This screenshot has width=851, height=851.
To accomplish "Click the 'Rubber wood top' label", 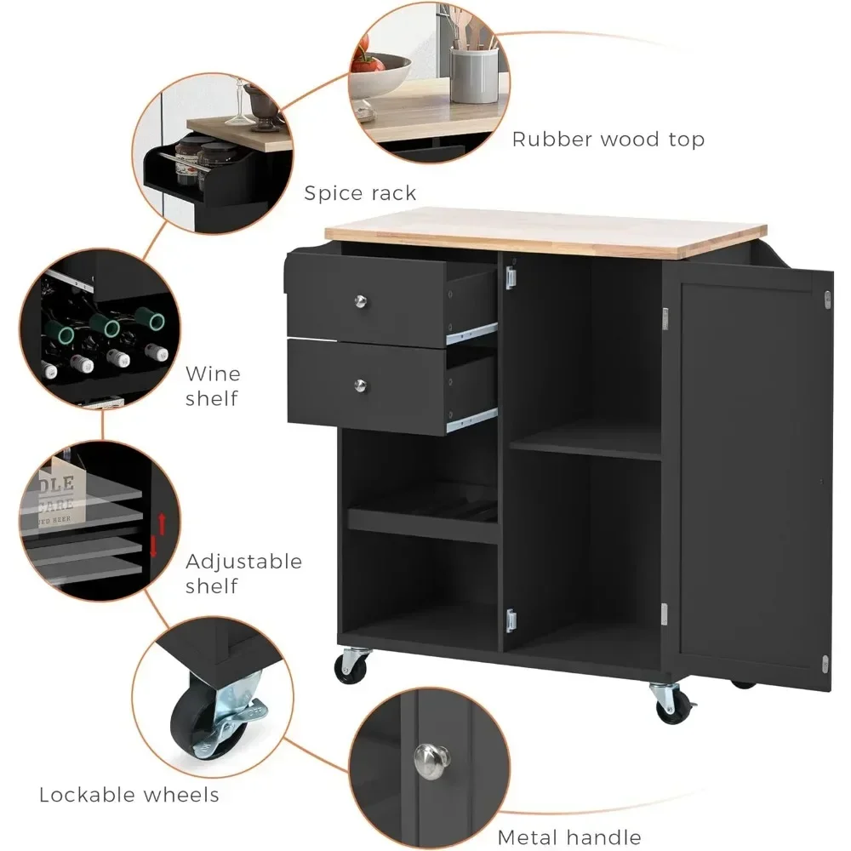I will pyautogui.click(x=608, y=139).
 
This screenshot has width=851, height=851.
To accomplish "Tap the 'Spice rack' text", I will pyautogui.click(x=360, y=193).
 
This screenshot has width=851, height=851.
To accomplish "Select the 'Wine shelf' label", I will pyautogui.click(x=212, y=385).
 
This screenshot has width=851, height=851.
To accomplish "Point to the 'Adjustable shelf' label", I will pyautogui.click(x=243, y=574).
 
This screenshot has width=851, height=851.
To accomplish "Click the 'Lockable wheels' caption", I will pyautogui.click(x=129, y=795).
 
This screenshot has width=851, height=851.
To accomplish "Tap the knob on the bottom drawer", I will pyautogui.click(x=363, y=386).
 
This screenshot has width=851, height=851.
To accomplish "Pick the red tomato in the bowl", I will pyautogui.click(x=363, y=64).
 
